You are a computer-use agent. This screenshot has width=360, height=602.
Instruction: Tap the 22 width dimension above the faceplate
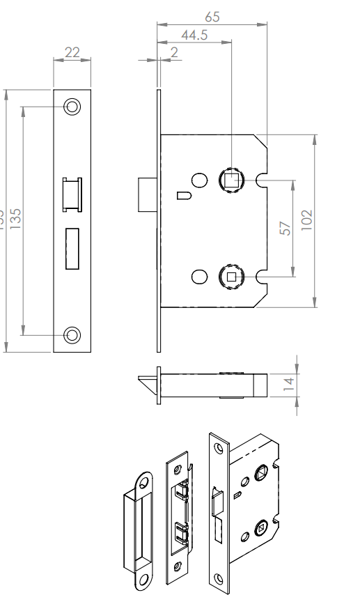72,52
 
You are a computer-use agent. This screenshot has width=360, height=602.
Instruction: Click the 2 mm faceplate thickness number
173,53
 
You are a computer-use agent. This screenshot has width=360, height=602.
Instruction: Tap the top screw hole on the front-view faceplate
72,107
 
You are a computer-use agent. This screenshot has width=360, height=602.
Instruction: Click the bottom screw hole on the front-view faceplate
72,334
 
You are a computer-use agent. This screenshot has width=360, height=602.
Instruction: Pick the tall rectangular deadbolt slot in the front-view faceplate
72,248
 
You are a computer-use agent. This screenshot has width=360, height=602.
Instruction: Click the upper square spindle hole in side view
231,180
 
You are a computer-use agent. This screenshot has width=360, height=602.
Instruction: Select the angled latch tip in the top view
148,385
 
